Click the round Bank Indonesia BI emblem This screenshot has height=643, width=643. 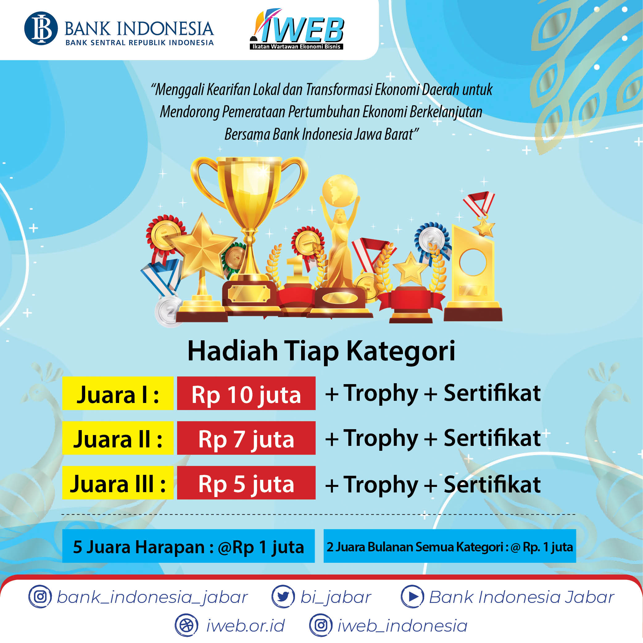[x=41, y=28]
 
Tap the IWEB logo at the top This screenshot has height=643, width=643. [x=297, y=29]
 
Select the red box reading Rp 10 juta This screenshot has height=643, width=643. [x=246, y=393]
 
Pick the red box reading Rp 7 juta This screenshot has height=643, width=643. [x=246, y=438]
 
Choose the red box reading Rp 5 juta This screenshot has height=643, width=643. [x=246, y=483]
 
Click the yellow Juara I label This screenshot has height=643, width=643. [x=118, y=393]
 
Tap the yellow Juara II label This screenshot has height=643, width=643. [x=118, y=438]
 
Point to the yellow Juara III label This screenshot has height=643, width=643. [x=118, y=483]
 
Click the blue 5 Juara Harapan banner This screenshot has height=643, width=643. [x=189, y=546]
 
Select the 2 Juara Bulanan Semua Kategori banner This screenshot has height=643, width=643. [x=450, y=546]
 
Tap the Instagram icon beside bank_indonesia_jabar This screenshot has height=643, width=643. [x=40, y=597]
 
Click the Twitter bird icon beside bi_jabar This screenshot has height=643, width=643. [x=283, y=597]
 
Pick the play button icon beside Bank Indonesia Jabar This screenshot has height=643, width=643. [x=412, y=597]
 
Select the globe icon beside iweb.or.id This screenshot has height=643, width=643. [x=186, y=625]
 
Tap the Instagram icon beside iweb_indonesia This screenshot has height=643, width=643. [x=321, y=625]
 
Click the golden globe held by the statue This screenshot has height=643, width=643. [x=340, y=191]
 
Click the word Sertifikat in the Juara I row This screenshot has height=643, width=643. [x=492, y=393]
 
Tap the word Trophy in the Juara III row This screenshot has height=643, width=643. [x=380, y=485]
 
